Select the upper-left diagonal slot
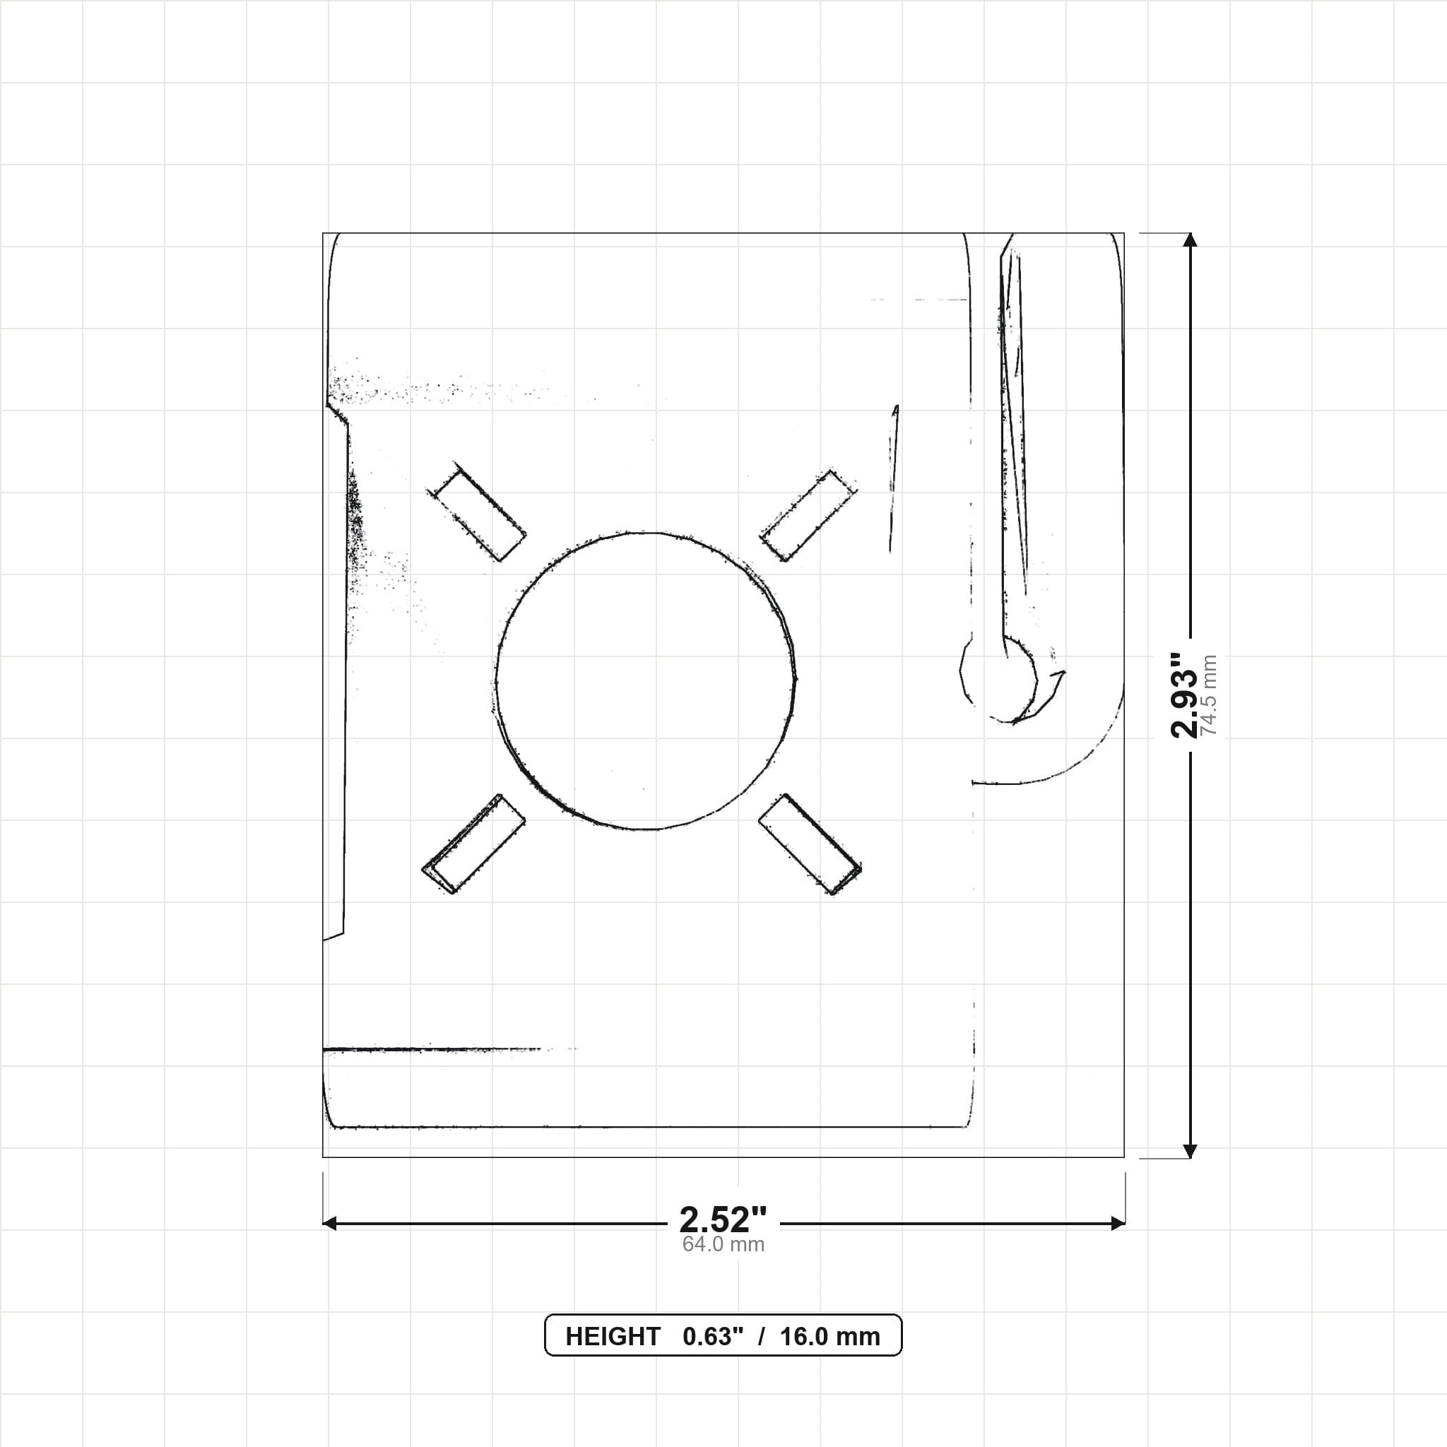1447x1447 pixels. [477, 512]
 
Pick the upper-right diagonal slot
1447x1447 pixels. [809, 515]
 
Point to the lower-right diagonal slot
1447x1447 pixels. [810, 844]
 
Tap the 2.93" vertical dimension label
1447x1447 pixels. [1185, 695]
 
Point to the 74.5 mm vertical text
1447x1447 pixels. [1208, 695]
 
